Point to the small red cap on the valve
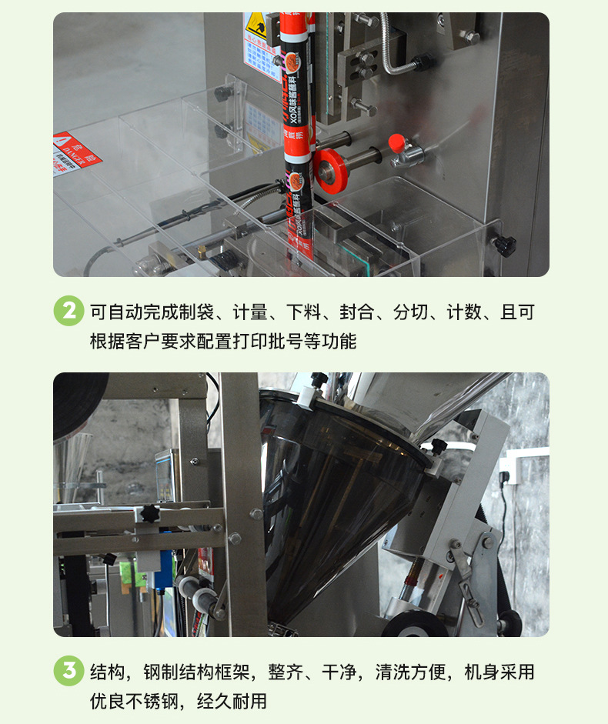tap(396, 143)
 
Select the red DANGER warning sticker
tap(75, 152)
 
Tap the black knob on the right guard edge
tap(504, 245)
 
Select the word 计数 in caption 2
tap(465, 312)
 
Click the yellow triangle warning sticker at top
tap(253, 28)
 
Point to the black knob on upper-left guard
tap(224, 92)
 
